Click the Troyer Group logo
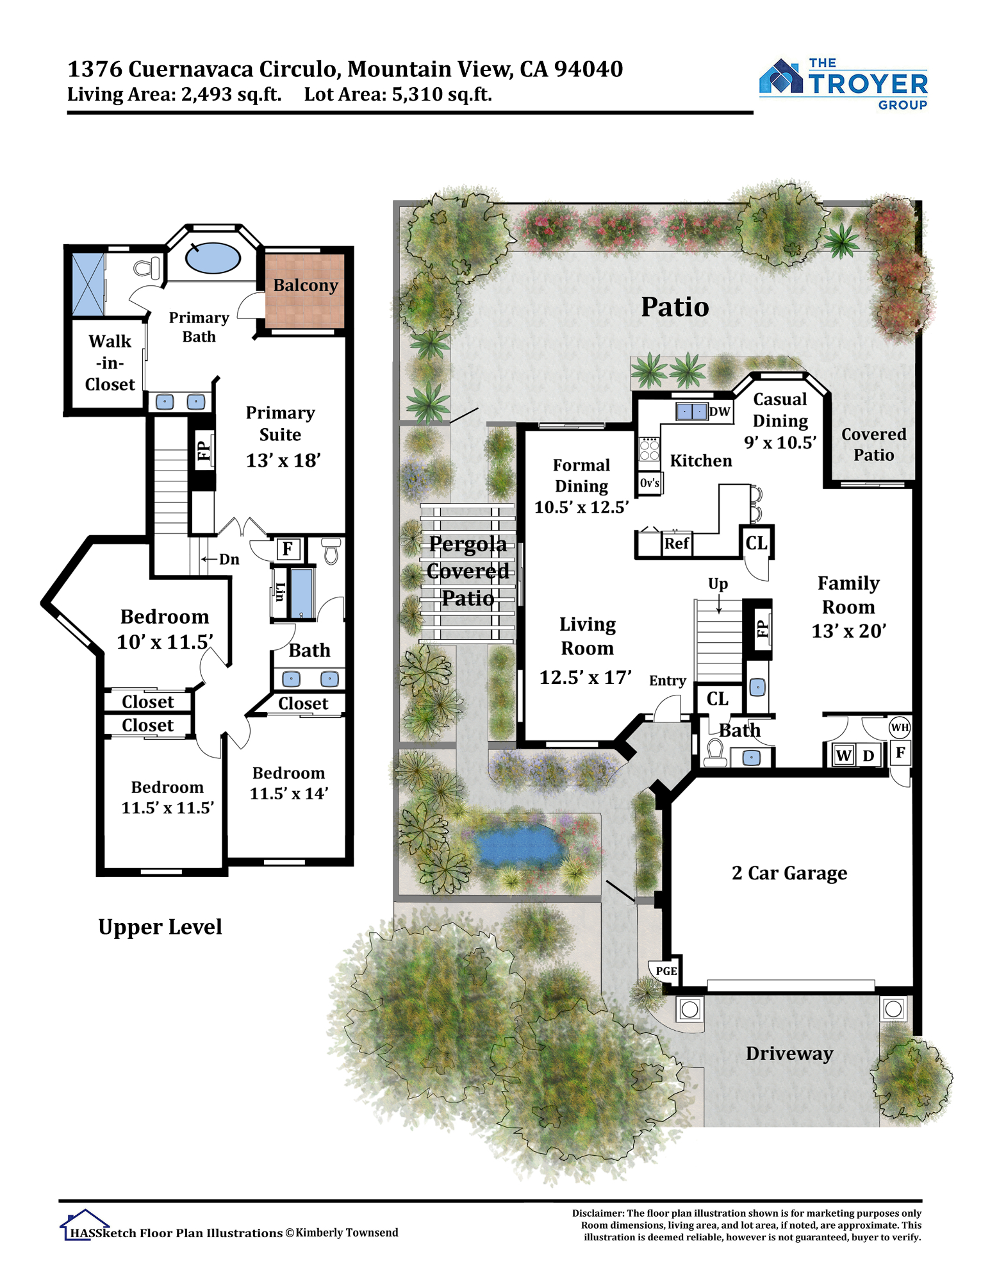coord(843,84)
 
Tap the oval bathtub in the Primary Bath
coord(213,258)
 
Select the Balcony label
coord(306,285)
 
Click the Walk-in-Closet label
coord(110,363)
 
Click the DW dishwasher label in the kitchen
coord(720,412)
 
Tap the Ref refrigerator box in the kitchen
coord(677,544)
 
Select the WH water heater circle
coord(900,727)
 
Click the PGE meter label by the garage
coord(666,971)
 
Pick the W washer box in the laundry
coord(843,755)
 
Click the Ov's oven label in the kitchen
coord(650,483)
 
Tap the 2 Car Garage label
coord(789,873)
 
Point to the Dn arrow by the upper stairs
coord(210,559)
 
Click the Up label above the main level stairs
coord(718,584)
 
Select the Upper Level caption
coord(160,928)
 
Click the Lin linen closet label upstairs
coord(280,592)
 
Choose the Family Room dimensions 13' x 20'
coord(849,631)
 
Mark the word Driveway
coord(789,1054)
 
